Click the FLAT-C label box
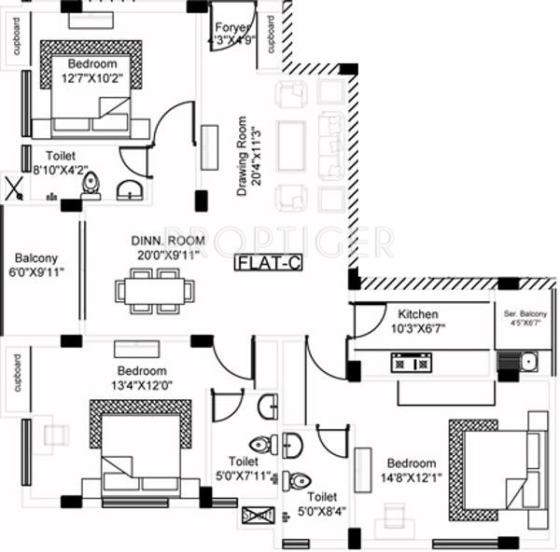click(x=269, y=263)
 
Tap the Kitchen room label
click(x=417, y=314)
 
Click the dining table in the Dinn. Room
click(x=155, y=290)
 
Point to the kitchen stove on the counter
click(x=411, y=363)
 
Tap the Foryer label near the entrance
click(x=230, y=27)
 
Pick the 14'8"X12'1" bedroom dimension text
click(x=411, y=477)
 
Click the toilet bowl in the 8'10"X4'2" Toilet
click(x=91, y=186)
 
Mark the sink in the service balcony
click(x=528, y=361)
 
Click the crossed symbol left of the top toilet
click(x=15, y=189)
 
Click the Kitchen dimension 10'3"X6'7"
click(x=417, y=329)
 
